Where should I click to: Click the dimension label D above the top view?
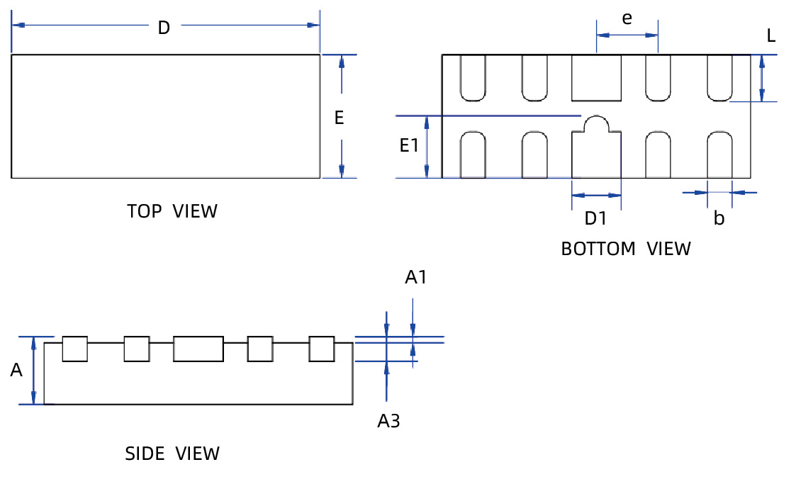point(164,28)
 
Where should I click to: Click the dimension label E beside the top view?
point(339,118)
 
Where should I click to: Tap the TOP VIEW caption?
point(172,211)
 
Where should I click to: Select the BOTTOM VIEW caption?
point(625,249)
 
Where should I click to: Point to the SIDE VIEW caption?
point(172,454)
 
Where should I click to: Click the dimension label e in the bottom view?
point(627,18)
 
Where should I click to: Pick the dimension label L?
point(771,35)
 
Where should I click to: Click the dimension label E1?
point(410,146)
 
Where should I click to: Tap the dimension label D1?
point(595,218)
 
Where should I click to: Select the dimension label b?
point(719,219)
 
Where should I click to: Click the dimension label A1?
point(416,277)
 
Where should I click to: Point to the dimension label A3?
point(388,421)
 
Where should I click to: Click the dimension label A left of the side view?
point(16,369)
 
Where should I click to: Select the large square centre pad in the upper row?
point(596,77)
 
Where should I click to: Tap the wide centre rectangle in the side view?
point(198,349)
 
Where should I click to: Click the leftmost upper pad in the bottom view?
point(473,77)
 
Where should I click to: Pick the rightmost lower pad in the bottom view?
point(719,154)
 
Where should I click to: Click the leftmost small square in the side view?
point(74,349)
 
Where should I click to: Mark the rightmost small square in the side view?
point(321,349)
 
